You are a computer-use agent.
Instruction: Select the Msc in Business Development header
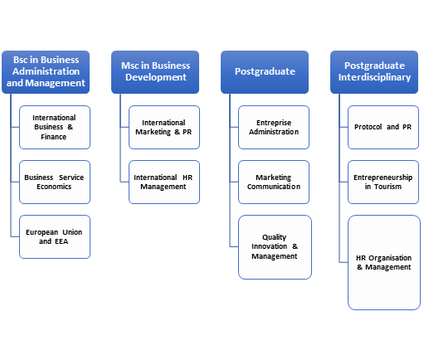point(155,71)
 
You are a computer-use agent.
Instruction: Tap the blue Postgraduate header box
point(264,71)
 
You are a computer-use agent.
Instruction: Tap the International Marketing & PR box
point(164,127)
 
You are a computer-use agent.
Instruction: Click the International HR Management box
point(164,182)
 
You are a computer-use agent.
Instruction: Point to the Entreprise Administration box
point(275,127)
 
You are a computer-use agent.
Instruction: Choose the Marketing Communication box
point(275,182)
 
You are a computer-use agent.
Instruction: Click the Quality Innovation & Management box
point(275,247)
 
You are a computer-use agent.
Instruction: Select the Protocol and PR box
point(384,127)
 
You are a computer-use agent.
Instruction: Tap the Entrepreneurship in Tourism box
point(384,182)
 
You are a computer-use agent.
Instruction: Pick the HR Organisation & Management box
point(384,262)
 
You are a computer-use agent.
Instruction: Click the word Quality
point(275,236)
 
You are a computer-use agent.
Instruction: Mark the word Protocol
point(369,127)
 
